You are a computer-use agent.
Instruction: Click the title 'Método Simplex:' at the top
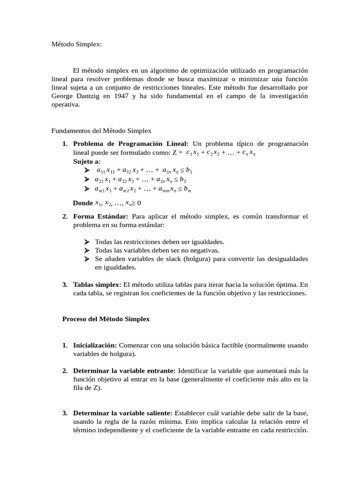76,45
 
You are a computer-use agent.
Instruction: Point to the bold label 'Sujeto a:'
87,161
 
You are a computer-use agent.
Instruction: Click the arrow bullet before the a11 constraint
86,170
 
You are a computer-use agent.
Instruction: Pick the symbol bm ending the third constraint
187,189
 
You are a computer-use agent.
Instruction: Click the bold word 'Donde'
82,203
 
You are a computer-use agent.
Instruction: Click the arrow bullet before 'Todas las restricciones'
86,242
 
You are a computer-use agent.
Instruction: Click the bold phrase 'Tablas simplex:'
97,285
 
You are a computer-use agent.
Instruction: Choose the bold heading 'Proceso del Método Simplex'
106,319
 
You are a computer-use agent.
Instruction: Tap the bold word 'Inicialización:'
95,345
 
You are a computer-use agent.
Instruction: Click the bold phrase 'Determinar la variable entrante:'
124,371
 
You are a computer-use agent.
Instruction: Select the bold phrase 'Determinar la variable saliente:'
123,413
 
